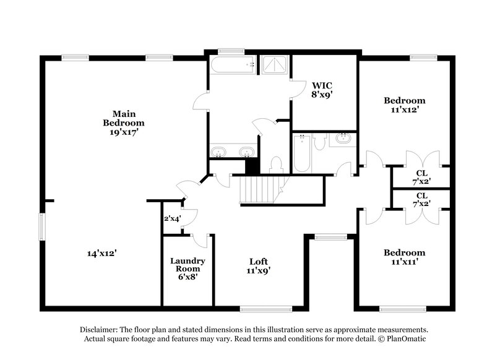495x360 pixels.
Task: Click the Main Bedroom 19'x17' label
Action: pos(120,122)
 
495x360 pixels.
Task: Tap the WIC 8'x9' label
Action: pos(324,89)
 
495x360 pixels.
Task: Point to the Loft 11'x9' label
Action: pos(258,265)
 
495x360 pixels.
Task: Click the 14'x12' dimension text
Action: pos(102,252)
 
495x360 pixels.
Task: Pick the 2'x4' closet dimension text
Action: pos(172,218)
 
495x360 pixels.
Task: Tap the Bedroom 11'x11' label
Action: pos(405,257)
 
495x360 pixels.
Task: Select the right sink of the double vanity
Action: pos(247,152)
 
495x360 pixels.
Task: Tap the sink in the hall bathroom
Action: pos(341,139)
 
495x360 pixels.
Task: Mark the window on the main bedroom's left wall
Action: pos(43,225)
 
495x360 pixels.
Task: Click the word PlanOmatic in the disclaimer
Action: pos(407,340)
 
